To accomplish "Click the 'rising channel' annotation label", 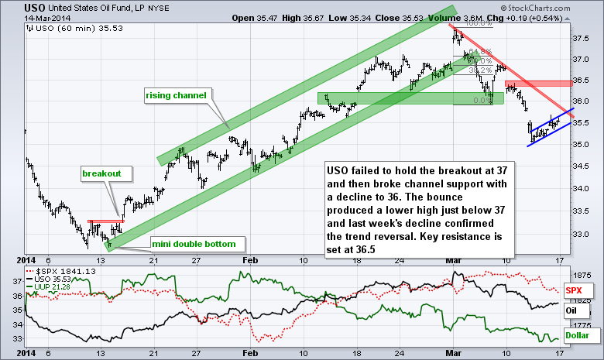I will tap(176, 95).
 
